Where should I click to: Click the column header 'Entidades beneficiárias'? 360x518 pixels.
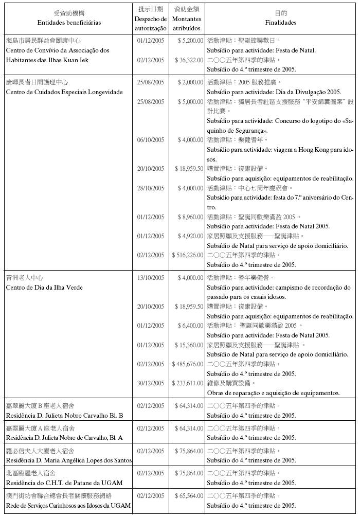click(69, 23)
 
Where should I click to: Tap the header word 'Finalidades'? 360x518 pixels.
click(281, 23)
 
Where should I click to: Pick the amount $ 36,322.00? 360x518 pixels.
click(189, 60)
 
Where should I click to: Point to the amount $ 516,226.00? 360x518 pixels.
click(188, 255)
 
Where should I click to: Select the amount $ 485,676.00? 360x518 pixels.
click(188, 364)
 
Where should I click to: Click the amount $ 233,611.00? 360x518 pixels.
click(188, 383)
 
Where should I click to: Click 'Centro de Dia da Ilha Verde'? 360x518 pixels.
click(44, 287)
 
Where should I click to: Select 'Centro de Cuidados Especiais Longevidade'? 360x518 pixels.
click(64, 92)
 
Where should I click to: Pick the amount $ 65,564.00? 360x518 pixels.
click(189, 496)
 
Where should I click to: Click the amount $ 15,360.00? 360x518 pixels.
click(189, 345)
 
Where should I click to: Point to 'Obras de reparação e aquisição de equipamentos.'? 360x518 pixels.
click(273, 393)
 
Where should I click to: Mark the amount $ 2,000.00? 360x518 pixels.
click(190, 82)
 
